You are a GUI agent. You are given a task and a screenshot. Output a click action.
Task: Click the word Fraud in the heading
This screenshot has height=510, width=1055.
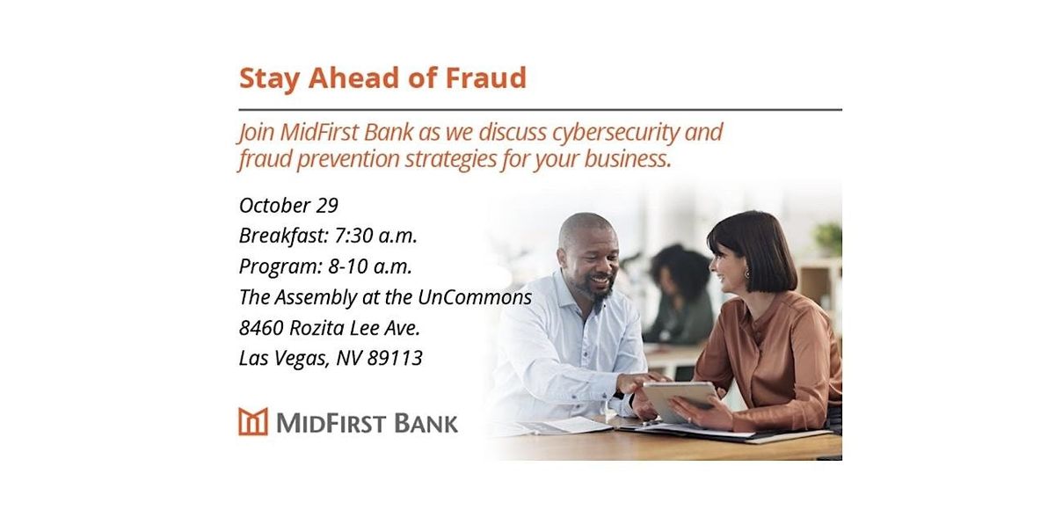point(485,77)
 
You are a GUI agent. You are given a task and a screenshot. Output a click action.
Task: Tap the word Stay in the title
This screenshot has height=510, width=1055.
point(269,79)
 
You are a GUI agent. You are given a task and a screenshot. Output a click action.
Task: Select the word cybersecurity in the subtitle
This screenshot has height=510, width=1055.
point(615,133)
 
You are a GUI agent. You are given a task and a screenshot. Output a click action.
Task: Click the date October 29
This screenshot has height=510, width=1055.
point(288,205)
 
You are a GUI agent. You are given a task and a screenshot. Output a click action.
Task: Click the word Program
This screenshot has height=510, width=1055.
point(280,267)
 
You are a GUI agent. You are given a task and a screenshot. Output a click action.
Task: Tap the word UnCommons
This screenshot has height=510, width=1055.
point(475,297)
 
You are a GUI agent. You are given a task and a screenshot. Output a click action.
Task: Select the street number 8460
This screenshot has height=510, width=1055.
point(261,328)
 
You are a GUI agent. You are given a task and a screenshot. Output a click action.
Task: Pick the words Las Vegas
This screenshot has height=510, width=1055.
point(284,360)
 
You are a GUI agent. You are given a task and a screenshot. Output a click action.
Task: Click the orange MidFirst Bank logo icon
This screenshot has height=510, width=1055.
point(253,421)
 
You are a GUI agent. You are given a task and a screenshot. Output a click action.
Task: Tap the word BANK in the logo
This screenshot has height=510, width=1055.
point(426,423)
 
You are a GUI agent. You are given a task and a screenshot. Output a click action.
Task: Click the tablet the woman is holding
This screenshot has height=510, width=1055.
point(680,400)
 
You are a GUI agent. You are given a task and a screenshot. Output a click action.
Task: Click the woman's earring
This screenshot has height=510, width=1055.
point(747,273)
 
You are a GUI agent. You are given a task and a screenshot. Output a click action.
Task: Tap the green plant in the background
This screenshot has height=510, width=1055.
point(828,238)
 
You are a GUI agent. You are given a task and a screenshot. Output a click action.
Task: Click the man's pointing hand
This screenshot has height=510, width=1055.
point(642,382)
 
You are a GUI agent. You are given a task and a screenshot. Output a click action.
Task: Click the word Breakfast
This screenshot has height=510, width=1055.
point(283,236)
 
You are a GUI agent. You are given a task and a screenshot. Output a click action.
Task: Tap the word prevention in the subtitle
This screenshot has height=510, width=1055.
point(348,159)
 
